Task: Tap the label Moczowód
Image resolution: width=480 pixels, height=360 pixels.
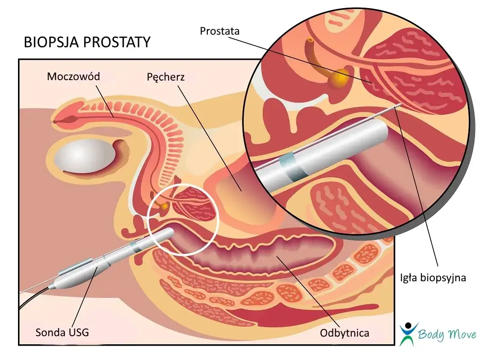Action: tap(73, 76)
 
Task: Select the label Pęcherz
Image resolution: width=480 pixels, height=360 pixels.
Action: tap(166, 77)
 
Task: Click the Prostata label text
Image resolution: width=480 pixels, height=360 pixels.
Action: tap(220, 31)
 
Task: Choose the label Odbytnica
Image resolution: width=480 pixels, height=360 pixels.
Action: tap(345, 333)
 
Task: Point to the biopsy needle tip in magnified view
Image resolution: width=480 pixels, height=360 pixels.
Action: tap(400, 106)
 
